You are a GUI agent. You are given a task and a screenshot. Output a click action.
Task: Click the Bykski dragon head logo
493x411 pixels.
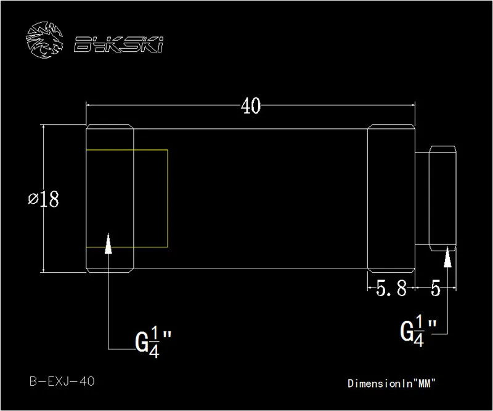point(44,40)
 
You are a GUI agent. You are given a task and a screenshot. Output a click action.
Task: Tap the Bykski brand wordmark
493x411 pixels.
point(118,44)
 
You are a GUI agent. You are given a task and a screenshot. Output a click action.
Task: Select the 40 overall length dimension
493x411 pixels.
point(251,106)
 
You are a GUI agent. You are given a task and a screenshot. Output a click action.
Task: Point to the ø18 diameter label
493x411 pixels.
point(43,199)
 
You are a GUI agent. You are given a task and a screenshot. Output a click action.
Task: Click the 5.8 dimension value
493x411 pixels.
point(391,288)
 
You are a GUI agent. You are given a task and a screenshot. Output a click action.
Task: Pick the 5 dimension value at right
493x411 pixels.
point(436,288)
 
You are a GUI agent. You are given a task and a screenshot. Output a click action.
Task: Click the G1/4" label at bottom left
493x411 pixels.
point(153,342)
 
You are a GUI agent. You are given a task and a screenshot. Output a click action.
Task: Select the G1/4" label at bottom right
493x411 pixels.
point(418,331)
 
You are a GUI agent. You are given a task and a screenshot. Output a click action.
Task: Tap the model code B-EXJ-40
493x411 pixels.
point(62,381)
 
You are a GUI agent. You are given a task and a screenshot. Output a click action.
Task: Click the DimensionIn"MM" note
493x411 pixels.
point(391,383)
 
